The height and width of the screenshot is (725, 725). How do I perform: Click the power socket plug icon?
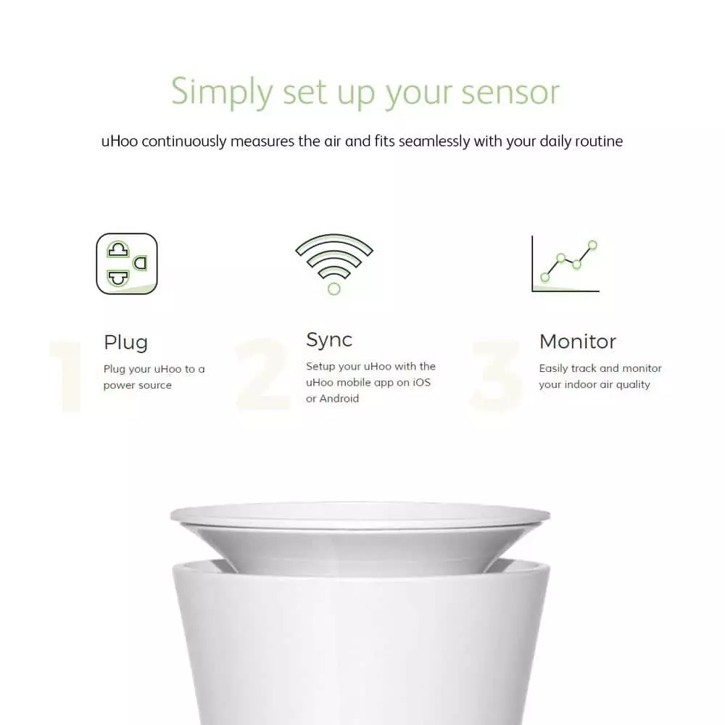point(127,264)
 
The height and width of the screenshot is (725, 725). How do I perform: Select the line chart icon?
point(565,264)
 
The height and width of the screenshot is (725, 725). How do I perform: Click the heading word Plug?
point(125,343)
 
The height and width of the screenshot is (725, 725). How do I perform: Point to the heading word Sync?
point(329,340)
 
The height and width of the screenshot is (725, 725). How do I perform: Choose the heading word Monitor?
point(578,341)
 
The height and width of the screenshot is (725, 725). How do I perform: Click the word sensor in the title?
point(510,92)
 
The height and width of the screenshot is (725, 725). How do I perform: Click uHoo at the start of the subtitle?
point(120,141)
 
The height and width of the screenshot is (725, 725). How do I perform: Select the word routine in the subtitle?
point(599,141)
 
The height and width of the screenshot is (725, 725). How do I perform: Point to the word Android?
point(339,399)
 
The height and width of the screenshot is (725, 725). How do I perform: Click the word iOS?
point(421,382)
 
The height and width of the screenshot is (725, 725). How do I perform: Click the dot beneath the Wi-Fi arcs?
point(333,289)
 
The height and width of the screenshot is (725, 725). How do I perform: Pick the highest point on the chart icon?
point(593,244)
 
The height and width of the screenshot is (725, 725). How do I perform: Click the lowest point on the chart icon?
point(544,278)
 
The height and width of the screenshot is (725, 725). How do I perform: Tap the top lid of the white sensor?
point(360,515)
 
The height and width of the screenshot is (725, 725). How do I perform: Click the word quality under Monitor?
point(631,385)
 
